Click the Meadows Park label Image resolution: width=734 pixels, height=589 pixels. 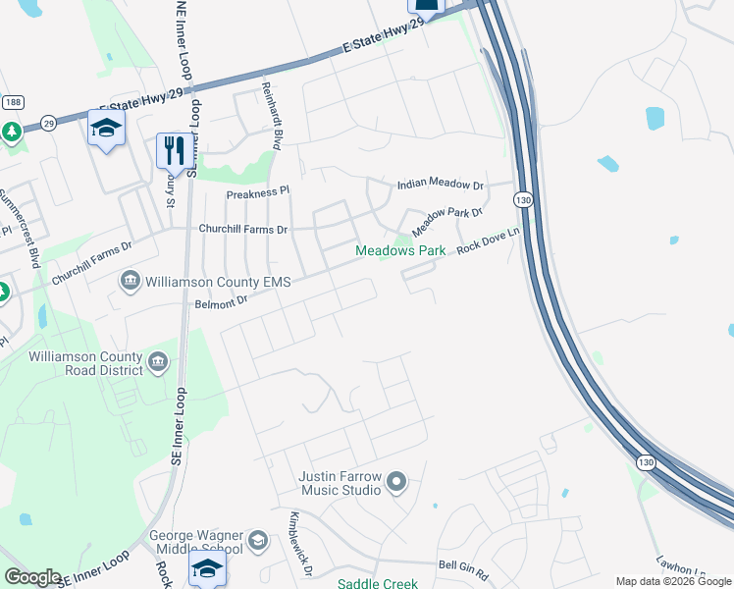point(400,251)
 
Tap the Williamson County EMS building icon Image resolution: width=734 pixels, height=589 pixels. point(130,283)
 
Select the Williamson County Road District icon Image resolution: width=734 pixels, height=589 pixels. point(157,363)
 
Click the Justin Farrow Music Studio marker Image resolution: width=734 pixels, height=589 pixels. point(396,482)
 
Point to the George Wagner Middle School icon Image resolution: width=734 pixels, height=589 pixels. point(257,541)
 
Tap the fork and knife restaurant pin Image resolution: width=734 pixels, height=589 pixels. point(172,150)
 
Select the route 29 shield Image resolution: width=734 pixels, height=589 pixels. point(48,124)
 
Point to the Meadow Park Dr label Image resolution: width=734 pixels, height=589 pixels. point(447,221)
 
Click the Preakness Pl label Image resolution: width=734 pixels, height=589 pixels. point(259,193)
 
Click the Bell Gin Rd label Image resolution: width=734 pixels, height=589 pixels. point(463,566)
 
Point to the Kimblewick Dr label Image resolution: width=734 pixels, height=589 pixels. point(300,558)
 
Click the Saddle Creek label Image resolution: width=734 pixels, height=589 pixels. point(378,583)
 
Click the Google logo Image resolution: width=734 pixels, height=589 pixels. point(31,576)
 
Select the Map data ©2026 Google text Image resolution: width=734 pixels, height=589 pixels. point(672,581)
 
